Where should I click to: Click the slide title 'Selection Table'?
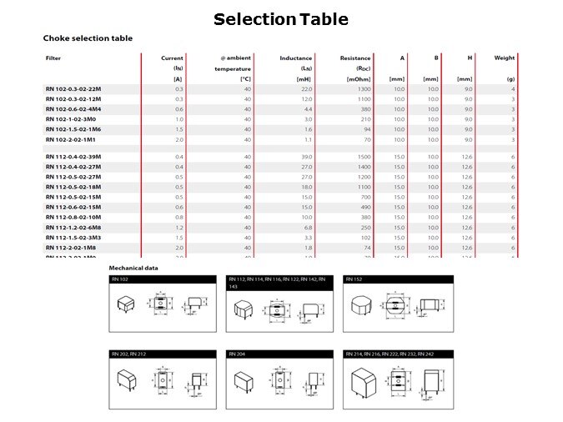pos(280,19)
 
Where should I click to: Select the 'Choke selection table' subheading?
pos(88,38)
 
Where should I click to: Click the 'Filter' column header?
pos(53,58)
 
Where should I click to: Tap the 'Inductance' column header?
pos(296,58)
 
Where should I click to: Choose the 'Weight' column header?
pos(504,58)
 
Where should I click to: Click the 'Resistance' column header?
pos(355,58)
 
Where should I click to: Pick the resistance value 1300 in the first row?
pos(364,88)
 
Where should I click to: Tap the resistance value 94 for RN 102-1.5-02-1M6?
pos(367,128)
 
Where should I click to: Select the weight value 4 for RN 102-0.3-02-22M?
pos(513,88)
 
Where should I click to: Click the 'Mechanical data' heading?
pos(133,269)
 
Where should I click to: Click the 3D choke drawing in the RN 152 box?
pos(363,306)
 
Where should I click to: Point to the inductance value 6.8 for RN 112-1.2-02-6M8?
pos(307,227)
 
